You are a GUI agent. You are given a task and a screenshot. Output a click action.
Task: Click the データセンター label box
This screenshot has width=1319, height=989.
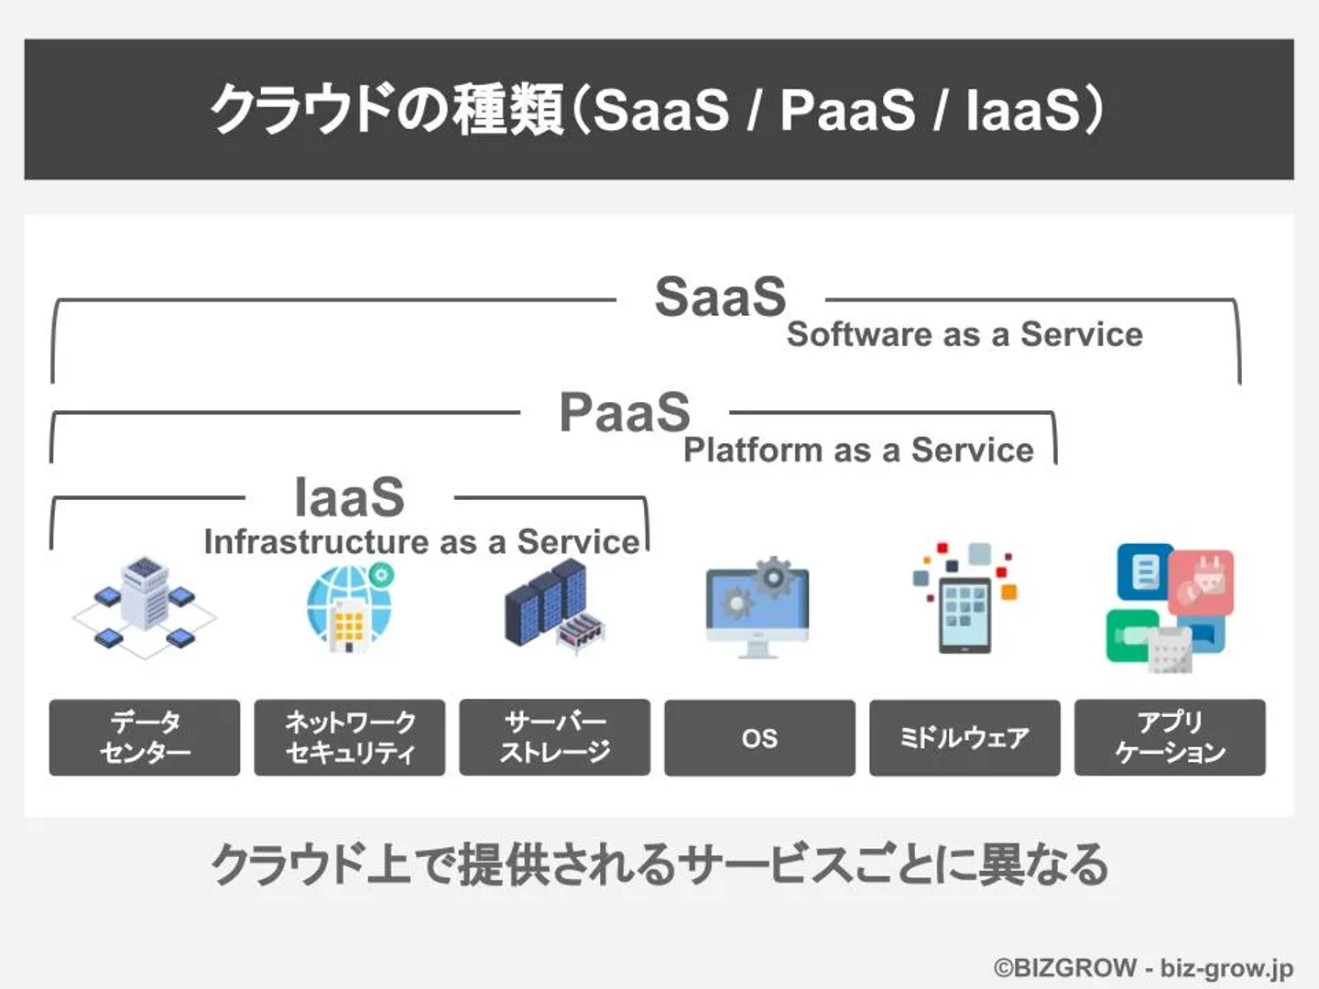coord(144,737)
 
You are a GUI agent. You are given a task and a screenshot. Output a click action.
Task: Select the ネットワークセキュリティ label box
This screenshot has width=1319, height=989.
coord(350,737)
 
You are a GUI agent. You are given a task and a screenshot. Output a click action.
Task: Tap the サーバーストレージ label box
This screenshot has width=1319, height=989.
coord(555,737)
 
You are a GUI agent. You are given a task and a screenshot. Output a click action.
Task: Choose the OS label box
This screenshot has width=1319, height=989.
coord(759,737)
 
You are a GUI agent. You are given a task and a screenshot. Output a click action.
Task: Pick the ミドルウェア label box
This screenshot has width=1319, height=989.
coord(965,737)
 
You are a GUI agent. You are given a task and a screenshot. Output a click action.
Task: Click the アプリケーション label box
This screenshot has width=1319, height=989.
coord(1170,737)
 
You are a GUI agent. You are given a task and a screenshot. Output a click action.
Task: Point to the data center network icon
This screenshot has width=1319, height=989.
coord(144,608)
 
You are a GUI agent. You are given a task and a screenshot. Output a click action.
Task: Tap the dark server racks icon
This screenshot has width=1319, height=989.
coord(555,605)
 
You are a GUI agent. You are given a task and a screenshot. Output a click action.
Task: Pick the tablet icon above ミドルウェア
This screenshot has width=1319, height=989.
coord(965,598)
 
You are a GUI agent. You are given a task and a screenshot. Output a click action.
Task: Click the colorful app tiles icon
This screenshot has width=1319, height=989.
coord(1170,608)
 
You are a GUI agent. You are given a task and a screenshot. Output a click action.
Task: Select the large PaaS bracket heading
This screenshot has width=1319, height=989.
coord(625,411)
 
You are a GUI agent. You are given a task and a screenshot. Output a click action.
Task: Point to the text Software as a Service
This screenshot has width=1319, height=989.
coord(965,334)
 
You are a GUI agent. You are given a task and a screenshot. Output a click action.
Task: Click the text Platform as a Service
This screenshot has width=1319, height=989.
coord(858,450)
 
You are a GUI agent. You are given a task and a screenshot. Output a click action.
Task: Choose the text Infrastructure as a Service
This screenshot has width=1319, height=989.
coord(422,541)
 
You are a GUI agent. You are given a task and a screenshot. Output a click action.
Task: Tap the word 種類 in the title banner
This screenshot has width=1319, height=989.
coord(508,109)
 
